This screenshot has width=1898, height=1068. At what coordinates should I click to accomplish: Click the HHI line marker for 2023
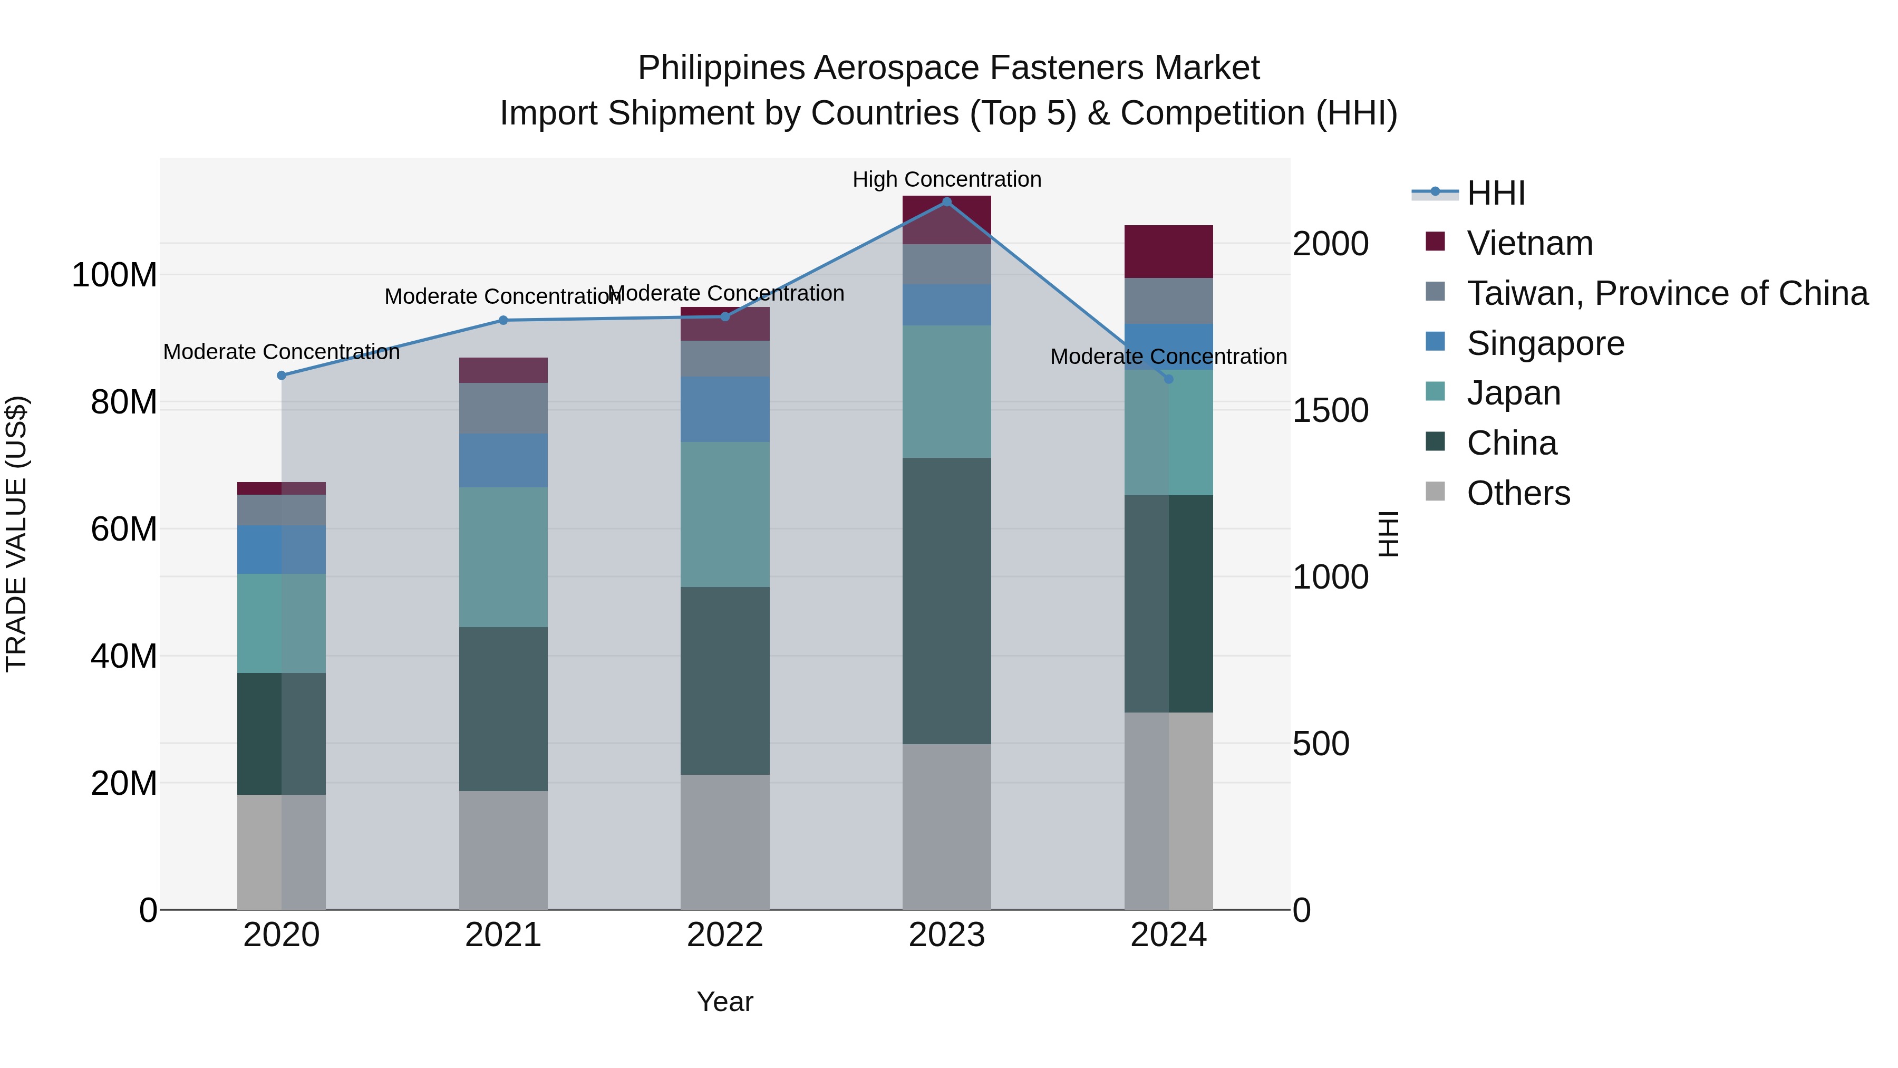[x=947, y=202]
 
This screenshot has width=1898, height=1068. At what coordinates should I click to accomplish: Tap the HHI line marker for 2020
[x=282, y=375]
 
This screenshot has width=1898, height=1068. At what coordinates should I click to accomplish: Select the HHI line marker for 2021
[x=503, y=320]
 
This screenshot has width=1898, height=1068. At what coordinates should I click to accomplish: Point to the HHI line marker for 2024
[x=1168, y=379]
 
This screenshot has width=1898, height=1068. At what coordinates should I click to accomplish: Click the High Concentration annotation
[x=947, y=179]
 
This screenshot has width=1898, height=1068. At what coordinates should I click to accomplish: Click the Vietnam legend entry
[x=1529, y=243]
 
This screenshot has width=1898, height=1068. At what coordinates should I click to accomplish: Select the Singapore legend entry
[x=1545, y=343]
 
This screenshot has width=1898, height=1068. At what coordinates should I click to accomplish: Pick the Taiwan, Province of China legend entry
[x=1667, y=293]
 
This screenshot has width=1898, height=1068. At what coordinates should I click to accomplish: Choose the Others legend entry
[x=1518, y=493]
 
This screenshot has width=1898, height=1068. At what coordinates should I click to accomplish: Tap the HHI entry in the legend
[x=1496, y=193]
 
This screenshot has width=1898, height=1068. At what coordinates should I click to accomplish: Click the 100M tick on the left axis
[x=114, y=275]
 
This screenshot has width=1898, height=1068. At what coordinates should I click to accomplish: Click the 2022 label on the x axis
[x=725, y=935]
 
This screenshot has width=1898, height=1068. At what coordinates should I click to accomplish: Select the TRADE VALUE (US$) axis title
[x=16, y=534]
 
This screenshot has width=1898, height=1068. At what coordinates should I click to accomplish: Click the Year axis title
[x=725, y=1002]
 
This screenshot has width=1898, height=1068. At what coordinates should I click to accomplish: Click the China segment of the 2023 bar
[x=947, y=601]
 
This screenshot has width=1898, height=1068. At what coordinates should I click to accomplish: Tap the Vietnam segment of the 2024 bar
[x=1168, y=252]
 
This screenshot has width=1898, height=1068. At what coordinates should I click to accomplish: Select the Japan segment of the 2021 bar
[x=503, y=557]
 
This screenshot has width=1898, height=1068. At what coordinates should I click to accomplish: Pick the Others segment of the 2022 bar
[x=725, y=842]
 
